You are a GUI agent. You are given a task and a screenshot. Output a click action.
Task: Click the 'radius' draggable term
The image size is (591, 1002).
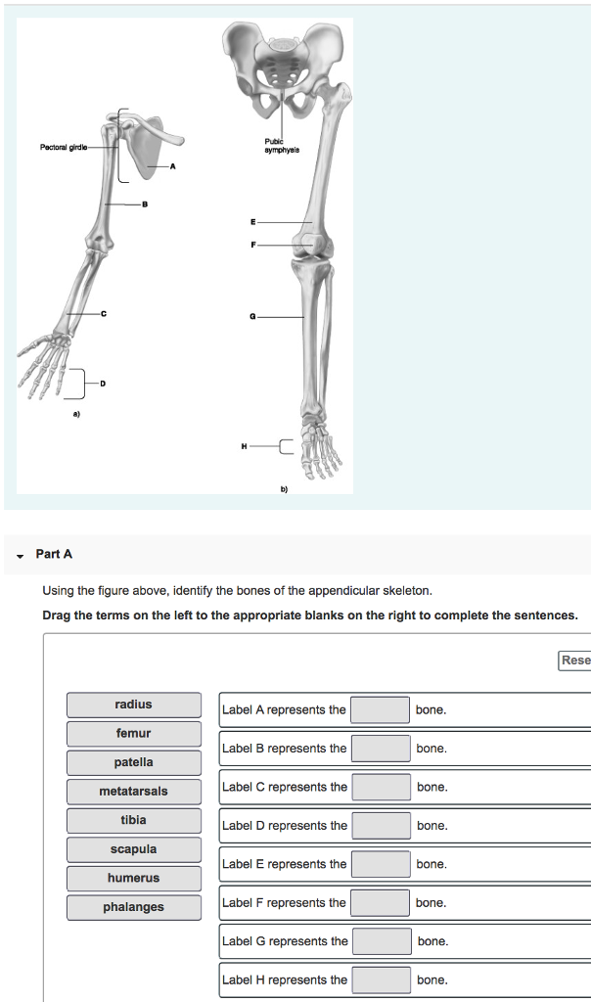[x=133, y=705]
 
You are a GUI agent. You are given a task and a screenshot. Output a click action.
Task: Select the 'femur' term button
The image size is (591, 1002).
[x=133, y=734]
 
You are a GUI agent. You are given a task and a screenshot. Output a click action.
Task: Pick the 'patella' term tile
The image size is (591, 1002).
[x=133, y=762]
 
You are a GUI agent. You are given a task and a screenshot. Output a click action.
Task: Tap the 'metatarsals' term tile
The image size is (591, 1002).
[x=133, y=792]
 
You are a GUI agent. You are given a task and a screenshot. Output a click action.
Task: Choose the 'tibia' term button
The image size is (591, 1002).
[x=133, y=820]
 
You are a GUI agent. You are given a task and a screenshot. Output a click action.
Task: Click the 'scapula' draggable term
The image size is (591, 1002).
[x=133, y=849]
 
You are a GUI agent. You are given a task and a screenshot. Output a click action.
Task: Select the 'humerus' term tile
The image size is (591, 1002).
[x=133, y=878]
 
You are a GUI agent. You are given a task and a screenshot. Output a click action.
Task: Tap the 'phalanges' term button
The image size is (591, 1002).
[x=133, y=907]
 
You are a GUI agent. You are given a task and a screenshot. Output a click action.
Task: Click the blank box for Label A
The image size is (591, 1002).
[x=380, y=709]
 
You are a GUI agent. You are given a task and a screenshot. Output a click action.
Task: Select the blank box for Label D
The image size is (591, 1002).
[x=381, y=826]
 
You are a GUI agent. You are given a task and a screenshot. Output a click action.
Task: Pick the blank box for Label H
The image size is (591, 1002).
[x=381, y=979]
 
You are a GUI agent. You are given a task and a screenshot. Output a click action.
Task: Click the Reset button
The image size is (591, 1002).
[x=575, y=660]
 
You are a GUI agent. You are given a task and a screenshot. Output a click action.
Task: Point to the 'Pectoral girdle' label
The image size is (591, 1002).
[x=64, y=148]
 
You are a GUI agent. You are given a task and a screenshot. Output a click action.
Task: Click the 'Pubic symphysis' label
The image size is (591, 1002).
[x=281, y=147]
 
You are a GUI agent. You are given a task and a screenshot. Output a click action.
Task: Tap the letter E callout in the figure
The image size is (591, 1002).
[x=252, y=223]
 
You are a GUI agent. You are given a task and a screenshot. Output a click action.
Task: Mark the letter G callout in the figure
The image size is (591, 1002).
[x=252, y=318]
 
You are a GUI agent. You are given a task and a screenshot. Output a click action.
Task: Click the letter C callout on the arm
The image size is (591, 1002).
[x=103, y=313]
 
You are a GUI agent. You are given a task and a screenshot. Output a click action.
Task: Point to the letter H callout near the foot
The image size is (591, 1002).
[x=244, y=446]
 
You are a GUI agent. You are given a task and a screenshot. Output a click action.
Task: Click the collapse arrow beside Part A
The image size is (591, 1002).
[x=20, y=555]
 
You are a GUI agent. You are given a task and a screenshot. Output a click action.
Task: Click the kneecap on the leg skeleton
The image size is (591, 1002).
[x=308, y=242]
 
